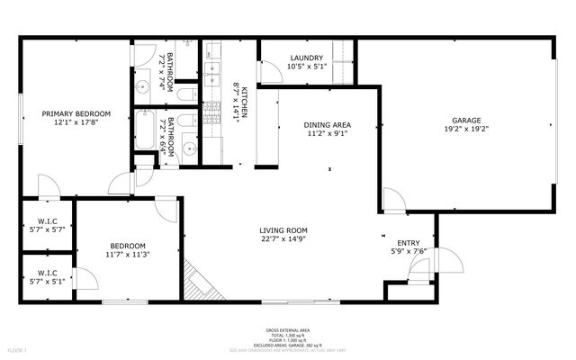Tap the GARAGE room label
(x=466, y=120)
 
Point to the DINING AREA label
(x=328, y=124)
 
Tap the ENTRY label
(x=409, y=243)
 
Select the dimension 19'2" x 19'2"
(x=466, y=129)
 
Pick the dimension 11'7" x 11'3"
(x=129, y=255)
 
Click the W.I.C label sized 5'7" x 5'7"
(x=48, y=221)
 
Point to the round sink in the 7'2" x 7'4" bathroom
(x=143, y=87)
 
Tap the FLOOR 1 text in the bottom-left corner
(x=17, y=349)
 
